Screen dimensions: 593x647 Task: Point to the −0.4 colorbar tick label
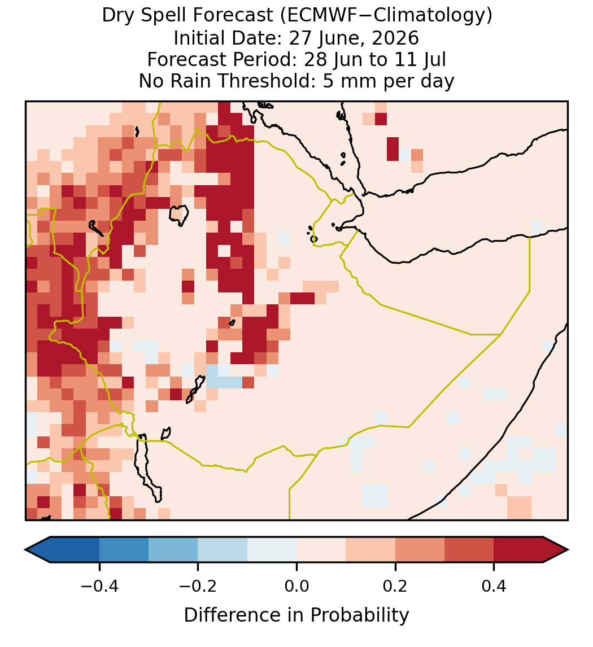(99, 586)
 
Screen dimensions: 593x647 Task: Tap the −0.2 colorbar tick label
(198, 586)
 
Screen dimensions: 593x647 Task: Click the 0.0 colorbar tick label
(296, 586)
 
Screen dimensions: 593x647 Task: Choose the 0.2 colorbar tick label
(395, 586)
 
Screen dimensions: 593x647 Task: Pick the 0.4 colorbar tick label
(494, 586)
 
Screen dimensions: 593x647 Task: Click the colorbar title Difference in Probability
(296, 615)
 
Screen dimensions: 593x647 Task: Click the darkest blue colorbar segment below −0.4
(75, 550)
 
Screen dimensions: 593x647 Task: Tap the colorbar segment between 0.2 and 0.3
(420, 550)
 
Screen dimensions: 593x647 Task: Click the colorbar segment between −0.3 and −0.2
(173, 550)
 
